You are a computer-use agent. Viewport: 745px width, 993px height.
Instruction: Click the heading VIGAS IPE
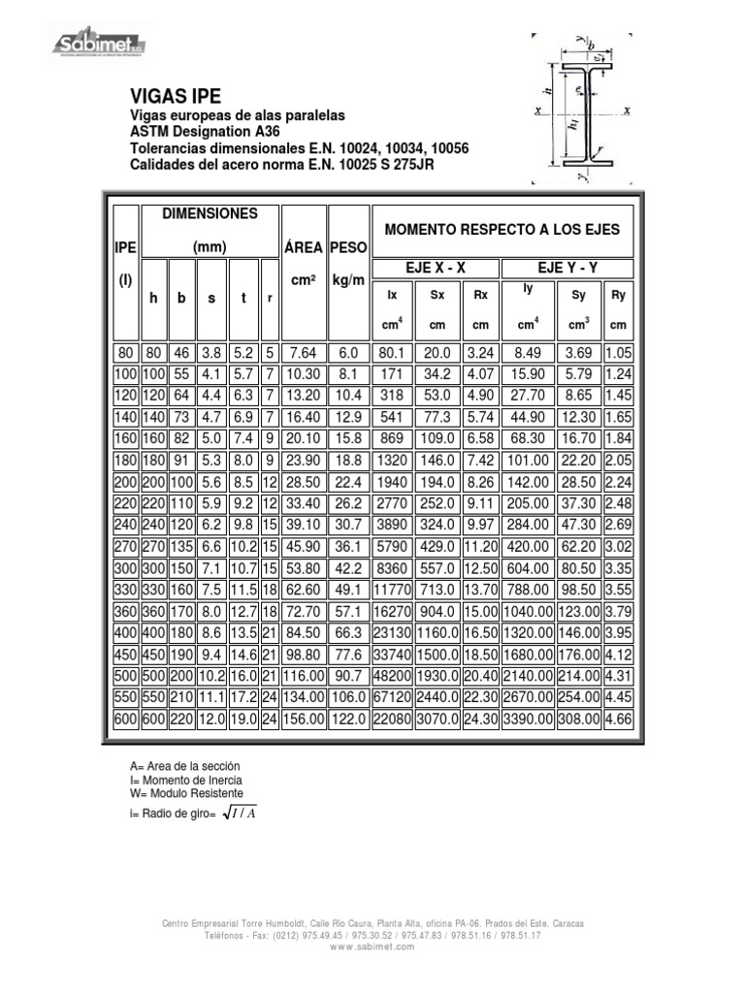pos(176,96)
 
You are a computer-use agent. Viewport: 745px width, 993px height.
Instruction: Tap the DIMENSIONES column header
pos(210,213)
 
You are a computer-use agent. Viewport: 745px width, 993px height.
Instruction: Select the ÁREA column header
pos(302,247)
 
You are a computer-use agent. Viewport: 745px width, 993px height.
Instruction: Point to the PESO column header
pos(348,247)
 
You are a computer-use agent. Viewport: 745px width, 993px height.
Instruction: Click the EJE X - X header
pos(435,269)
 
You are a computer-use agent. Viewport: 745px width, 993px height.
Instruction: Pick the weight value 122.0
pos(348,721)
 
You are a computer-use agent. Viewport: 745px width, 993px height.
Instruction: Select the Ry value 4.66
pos(618,721)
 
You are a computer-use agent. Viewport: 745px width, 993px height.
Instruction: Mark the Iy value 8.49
pos(528,353)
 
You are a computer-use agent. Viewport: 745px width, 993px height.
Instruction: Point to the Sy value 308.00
pos(578,721)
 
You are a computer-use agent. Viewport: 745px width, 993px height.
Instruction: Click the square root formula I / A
pos(238,813)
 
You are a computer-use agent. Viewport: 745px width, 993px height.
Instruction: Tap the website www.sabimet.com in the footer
pos(372,946)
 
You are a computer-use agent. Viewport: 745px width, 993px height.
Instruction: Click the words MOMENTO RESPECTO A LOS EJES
pos(502,230)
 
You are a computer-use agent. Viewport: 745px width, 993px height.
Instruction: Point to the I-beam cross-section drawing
pos(583,109)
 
